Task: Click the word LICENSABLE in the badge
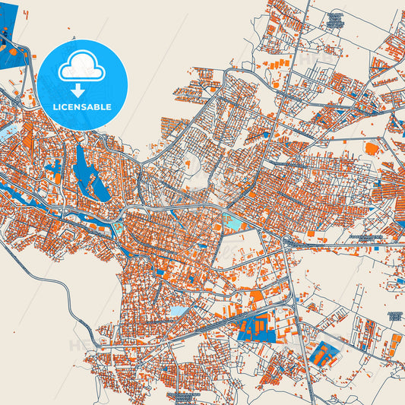point(82,107)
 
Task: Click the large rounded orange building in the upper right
point(372,148)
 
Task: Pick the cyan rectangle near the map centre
point(235,222)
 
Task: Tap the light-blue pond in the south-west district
point(176,312)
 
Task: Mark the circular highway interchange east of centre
point(287,242)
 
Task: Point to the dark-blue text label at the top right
point(334,21)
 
